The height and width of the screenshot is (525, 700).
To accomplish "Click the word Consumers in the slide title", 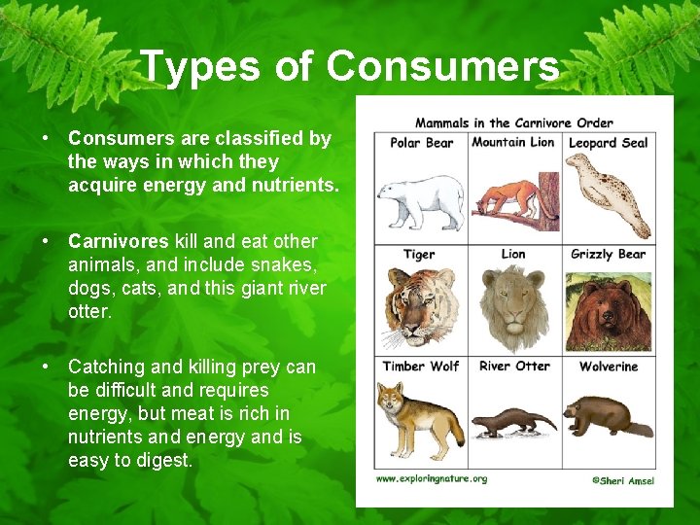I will pyautogui.click(x=442, y=67).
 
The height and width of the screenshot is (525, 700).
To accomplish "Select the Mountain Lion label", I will pyautogui.click(x=512, y=143).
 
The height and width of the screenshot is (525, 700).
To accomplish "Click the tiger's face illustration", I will pyautogui.click(x=419, y=309).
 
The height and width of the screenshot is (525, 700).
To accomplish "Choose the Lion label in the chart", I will pyautogui.click(x=512, y=255).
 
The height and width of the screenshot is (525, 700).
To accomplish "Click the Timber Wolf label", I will pyautogui.click(x=419, y=367).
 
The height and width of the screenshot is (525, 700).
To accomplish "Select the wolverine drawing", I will pyautogui.click(x=606, y=415).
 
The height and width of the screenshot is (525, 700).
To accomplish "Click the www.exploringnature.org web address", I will pyautogui.click(x=432, y=479).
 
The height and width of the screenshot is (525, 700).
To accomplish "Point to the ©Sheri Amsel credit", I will pyautogui.click(x=623, y=480).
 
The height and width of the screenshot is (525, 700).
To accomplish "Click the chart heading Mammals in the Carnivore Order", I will pyautogui.click(x=513, y=122).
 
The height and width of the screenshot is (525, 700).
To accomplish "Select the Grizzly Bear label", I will pyautogui.click(x=608, y=255).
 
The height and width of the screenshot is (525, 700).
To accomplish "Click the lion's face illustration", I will pyautogui.click(x=513, y=309).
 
